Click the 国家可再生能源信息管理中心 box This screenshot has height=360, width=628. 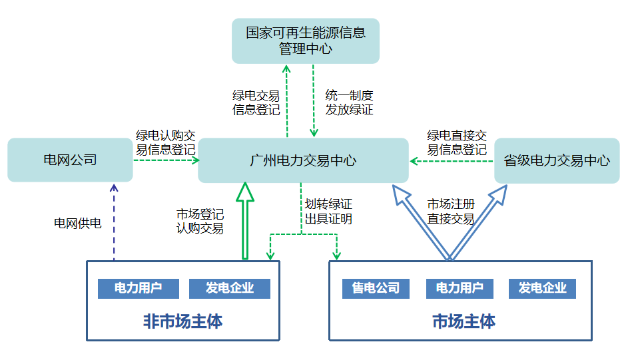pos(305,41)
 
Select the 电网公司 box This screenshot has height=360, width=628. pos(70,160)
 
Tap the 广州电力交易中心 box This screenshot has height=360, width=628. pos(303,160)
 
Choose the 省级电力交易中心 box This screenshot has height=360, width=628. pos(557,160)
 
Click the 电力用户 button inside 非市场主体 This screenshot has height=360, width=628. pos(139,288)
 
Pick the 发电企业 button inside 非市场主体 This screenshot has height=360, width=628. pos(230,288)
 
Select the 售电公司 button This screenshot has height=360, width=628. pos(376,288)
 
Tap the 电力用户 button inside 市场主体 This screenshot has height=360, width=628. pos(460,288)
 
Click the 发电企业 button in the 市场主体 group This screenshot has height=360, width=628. pos(542,288)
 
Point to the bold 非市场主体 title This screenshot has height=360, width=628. pos(182,322)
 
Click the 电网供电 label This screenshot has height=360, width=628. pos(78,223)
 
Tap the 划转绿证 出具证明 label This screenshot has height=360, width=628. pos(328,212)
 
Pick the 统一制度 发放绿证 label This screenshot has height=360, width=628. pos(349,102)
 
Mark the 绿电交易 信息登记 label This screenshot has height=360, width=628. pos(256,103)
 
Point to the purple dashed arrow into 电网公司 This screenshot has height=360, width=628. pos(113,223)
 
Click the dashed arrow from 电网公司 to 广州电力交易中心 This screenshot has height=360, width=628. pos(166,160)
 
